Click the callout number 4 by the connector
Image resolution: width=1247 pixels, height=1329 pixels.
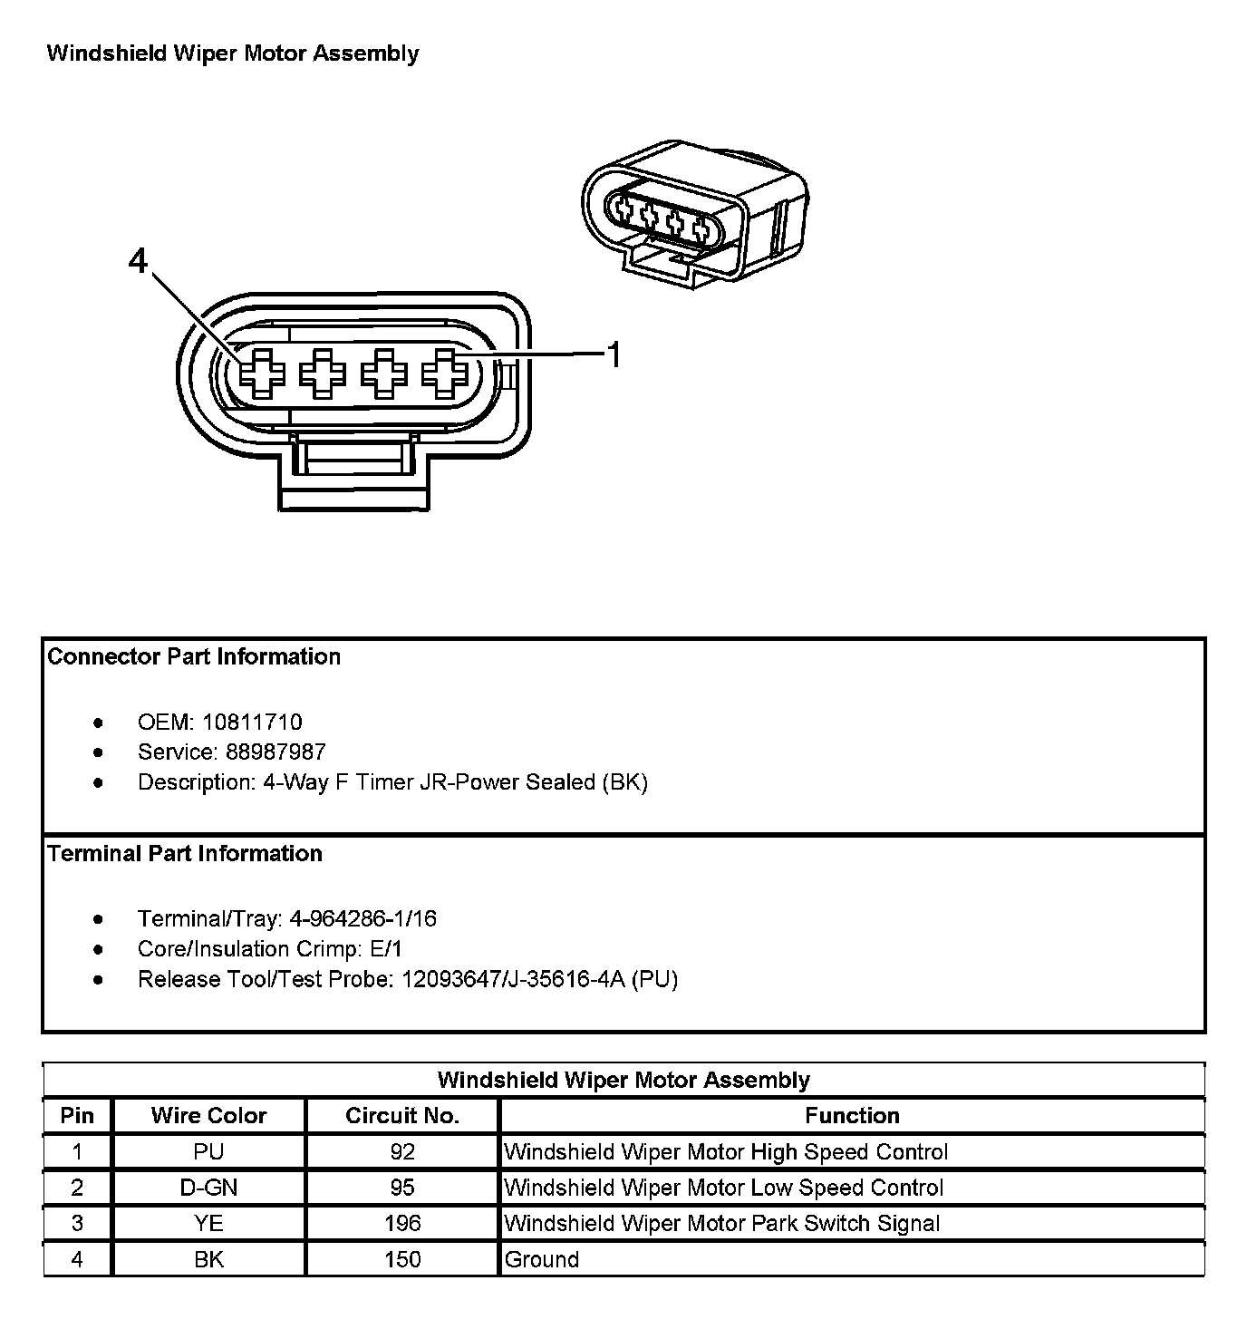point(138,262)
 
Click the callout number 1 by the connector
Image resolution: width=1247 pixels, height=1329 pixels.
point(614,355)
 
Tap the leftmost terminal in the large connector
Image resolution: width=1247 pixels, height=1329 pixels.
point(262,373)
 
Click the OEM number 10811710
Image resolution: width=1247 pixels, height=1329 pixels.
point(252,723)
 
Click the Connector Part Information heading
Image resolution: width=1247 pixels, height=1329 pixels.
point(194,657)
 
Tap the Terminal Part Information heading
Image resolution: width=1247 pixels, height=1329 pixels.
point(185,854)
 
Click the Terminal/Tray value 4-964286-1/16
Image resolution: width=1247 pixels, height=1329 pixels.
point(362,919)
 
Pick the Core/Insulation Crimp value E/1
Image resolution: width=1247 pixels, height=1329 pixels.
point(386,949)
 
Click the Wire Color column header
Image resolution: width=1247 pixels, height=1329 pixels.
point(208,1116)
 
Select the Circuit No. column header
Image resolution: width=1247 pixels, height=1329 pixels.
point(402,1116)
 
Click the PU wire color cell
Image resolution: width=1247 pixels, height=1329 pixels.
point(208,1152)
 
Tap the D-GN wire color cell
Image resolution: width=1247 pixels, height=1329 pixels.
point(208,1188)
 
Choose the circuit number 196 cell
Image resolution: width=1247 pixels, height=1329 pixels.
point(402,1224)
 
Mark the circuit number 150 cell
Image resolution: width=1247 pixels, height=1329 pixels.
point(402,1260)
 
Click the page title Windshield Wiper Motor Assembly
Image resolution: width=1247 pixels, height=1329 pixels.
point(233,53)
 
